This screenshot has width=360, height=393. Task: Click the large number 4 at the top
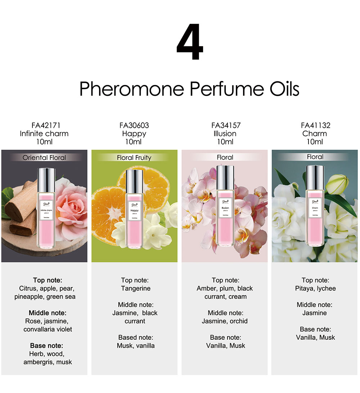190,42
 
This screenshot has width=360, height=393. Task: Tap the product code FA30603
134,126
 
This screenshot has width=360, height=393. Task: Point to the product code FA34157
225,126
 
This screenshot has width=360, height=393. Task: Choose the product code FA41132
315,126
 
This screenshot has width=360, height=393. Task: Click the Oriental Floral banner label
44,157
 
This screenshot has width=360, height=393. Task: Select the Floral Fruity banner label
134,158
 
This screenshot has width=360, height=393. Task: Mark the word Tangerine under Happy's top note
136,288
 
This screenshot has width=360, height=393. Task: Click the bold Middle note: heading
48,313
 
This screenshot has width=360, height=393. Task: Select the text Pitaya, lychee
315,288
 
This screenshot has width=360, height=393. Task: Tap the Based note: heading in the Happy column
136,337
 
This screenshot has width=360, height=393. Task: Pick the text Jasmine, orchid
225,321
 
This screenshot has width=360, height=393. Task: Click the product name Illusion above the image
225,134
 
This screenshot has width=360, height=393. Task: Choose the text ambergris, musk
48,362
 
